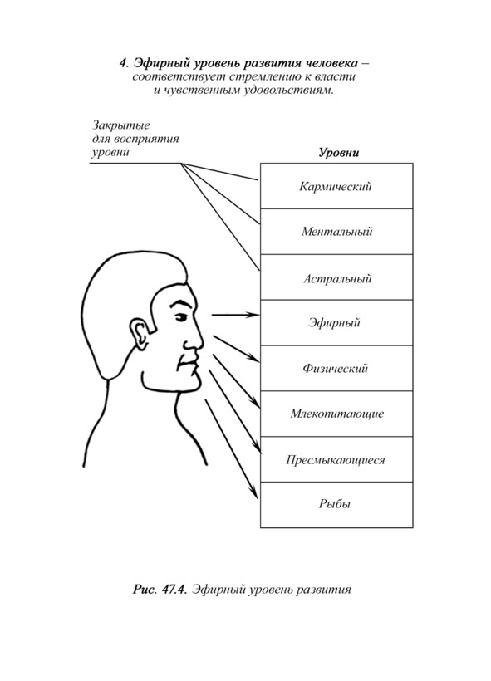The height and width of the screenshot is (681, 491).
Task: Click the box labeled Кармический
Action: pos(336,186)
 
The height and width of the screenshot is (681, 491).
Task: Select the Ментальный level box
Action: pos(336,232)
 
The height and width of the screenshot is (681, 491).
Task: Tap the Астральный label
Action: pos(337,278)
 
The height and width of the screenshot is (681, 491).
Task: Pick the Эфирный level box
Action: pos(336,323)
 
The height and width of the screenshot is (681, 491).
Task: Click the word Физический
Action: pos(335,368)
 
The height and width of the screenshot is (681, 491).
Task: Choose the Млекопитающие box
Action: pos(336,414)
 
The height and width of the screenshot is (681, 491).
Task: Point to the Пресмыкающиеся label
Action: pos(336,459)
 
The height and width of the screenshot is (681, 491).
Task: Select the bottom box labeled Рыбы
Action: pos(336,505)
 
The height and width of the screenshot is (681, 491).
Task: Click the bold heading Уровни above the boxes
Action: pos(339,154)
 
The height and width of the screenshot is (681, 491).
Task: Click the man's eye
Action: pos(181,318)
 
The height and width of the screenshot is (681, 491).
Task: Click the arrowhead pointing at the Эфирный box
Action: pos(253,315)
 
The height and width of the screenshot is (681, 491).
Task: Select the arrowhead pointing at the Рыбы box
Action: pos(254,494)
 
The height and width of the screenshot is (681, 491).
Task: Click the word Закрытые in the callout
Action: pos(120,125)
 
